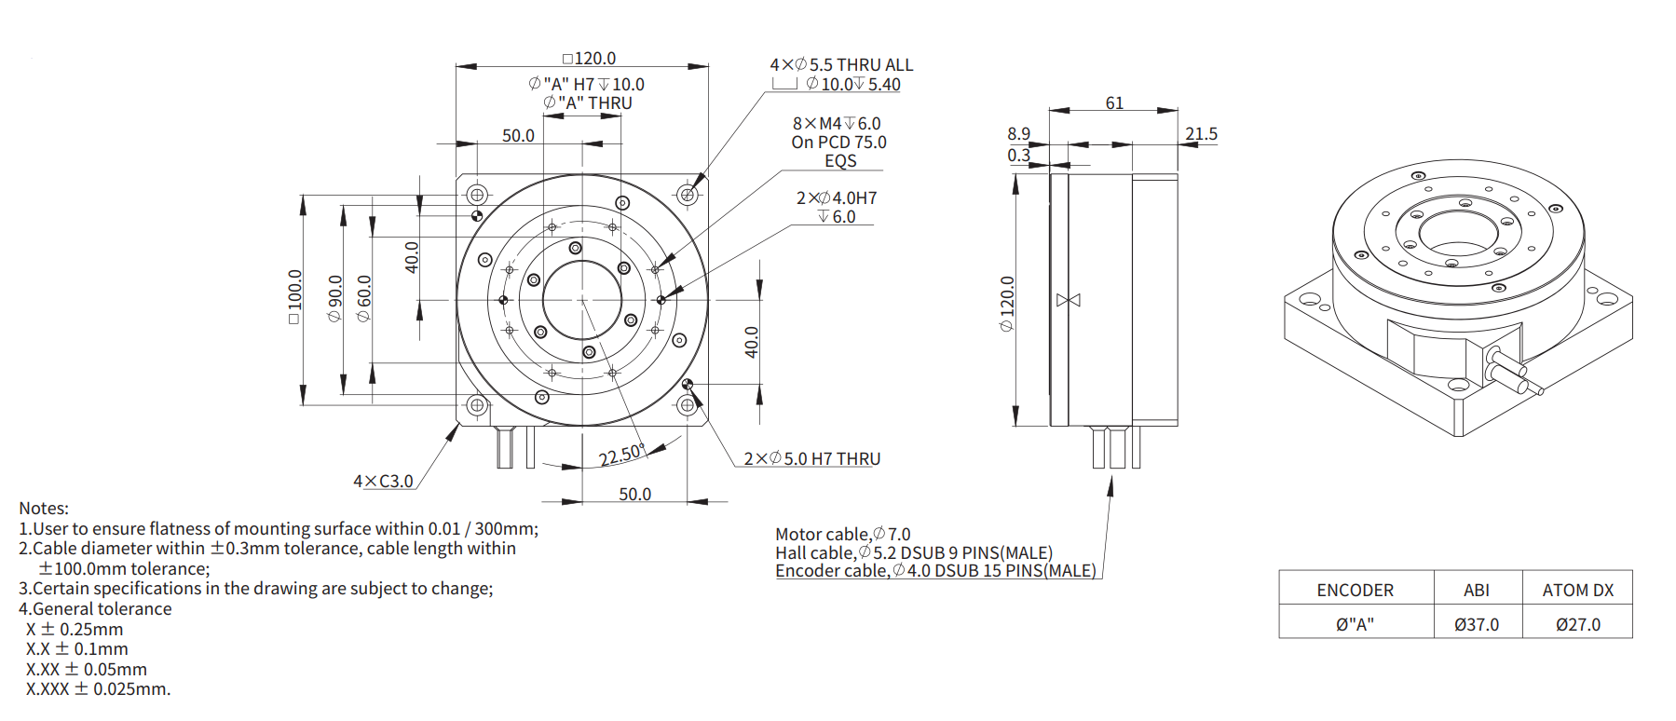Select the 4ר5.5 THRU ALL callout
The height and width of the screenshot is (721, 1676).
pyautogui.click(x=841, y=65)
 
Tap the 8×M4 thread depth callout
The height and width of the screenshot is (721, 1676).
pyautogui.click(x=837, y=124)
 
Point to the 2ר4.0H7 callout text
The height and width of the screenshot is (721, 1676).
pyautogui.click(x=837, y=198)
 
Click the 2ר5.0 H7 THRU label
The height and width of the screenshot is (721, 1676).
pyautogui.click(x=811, y=459)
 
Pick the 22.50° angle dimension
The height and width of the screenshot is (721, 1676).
pyautogui.click(x=621, y=456)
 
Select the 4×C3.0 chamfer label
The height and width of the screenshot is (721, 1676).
pyautogui.click(x=383, y=482)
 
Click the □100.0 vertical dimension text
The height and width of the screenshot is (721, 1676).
pyautogui.click(x=295, y=296)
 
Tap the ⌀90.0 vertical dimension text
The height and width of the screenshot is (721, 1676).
pyautogui.click(x=335, y=298)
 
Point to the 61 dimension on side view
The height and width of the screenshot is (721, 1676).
pyautogui.click(x=1114, y=103)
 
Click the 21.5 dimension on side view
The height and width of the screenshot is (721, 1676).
pyautogui.click(x=1201, y=134)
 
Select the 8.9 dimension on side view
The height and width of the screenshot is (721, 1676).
pyautogui.click(x=1018, y=134)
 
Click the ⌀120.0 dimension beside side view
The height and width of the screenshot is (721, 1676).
pyautogui.click(x=1007, y=304)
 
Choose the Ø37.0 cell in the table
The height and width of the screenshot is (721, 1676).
pyautogui.click(x=1477, y=624)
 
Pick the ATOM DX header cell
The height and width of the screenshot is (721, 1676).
pyautogui.click(x=1577, y=590)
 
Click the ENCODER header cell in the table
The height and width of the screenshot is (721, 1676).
pyautogui.click(x=1355, y=590)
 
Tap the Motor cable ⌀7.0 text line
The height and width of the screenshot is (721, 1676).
pyautogui.click(x=842, y=534)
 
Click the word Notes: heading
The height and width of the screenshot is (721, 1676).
pyautogui.click(x=44, y=509)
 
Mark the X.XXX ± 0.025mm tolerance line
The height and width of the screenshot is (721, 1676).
pyautogui.click(x=98, y=689)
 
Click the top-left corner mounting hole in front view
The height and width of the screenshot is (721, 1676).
pyautogui.click(x=477, y=195)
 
